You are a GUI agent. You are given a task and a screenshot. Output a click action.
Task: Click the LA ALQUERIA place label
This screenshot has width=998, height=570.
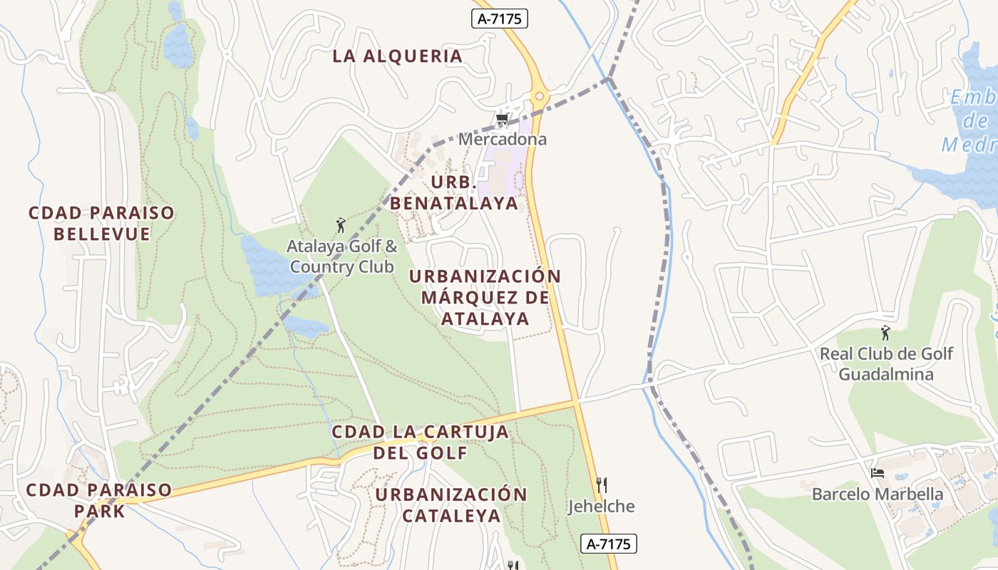397,56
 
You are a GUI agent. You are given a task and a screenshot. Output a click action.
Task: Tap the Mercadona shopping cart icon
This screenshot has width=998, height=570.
502,120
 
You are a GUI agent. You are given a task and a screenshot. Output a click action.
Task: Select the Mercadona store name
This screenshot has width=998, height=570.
502,139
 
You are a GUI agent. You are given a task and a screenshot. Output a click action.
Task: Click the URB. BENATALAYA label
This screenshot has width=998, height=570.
453,192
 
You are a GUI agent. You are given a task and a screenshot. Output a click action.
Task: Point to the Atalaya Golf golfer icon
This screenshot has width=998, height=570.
340,226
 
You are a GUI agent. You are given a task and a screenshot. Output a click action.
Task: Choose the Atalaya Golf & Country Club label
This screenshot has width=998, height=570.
342,256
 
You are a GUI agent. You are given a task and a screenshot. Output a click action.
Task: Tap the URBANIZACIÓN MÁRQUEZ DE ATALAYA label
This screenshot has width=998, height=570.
485,297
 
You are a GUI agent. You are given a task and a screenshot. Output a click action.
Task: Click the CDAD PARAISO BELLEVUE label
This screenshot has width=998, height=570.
101,223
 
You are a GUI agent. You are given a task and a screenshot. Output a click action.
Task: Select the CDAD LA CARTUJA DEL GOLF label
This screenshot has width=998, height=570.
421,442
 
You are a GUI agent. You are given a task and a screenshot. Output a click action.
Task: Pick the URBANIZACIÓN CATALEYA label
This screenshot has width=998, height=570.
451,504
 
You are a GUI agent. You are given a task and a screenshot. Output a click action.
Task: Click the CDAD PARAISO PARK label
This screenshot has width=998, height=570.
98,500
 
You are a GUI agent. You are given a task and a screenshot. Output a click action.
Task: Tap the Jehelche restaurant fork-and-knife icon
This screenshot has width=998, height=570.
602,486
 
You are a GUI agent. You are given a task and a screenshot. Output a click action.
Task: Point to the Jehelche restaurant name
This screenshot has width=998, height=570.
601,507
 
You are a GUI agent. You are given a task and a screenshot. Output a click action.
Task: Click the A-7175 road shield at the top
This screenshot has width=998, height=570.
500,19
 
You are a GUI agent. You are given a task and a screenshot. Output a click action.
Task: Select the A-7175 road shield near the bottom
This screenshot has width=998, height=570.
608,544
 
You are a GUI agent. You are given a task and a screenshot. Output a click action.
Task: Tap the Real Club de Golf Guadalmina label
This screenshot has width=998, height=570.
886,363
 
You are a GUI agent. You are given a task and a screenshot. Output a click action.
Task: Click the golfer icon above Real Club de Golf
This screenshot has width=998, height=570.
885,333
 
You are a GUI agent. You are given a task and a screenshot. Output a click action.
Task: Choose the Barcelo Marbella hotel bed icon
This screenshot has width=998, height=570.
878,473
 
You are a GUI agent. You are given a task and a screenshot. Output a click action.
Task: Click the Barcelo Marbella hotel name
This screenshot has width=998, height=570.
878,494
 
